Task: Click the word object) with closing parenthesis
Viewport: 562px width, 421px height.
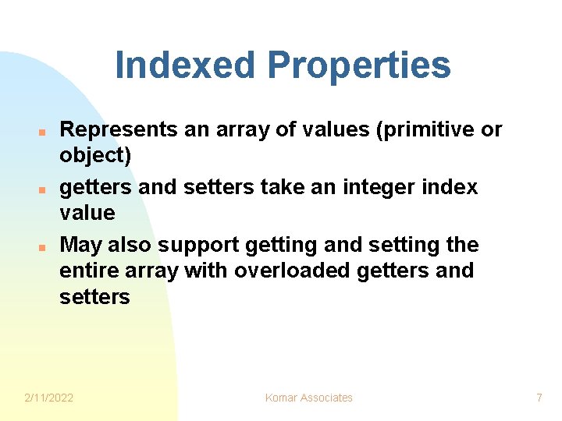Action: coord(95,156)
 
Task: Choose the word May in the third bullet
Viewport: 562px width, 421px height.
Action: coord(80,246)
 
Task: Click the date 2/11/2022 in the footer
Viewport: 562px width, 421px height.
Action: coord(49,398)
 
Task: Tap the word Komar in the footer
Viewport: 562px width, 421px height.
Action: coord(282,398)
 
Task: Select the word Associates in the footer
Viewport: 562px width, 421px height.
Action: coord(327,398)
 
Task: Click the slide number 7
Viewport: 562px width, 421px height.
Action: coord(539,398)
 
